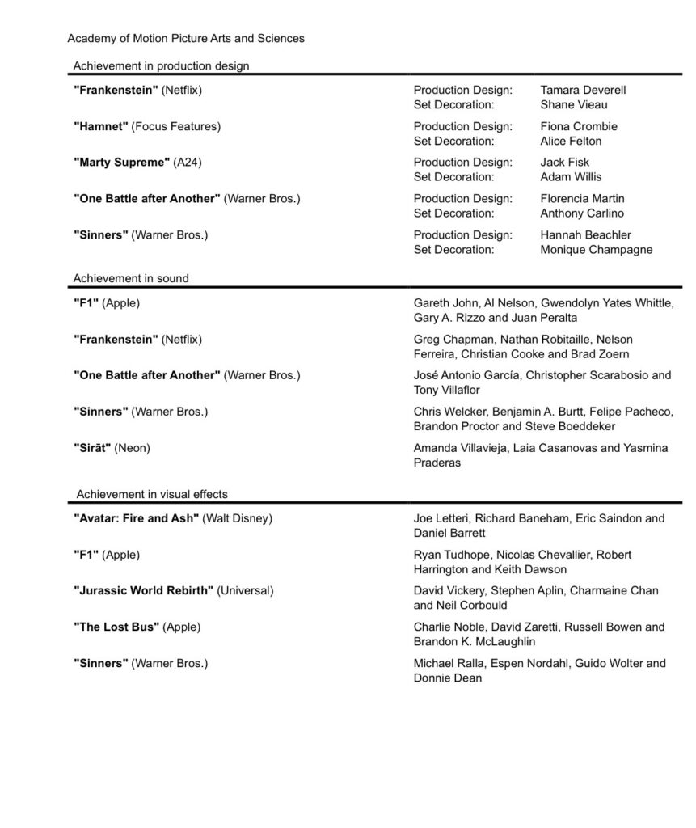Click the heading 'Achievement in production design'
[x=161, y=65]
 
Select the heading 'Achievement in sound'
[x=131, y=278]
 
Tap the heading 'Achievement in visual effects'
[x=152, y=494]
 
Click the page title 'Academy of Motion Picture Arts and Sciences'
[x=186, y=38]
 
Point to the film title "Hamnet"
[x=100, y=126]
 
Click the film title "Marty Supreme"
[x=121, y=163]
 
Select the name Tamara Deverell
[x=583, y=90]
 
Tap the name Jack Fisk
[x=565, y=163]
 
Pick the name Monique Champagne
[x=596, y=250]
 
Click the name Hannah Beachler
[x=585, y=235]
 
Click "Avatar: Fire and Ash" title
[x=136, y=518]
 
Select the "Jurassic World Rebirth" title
[x=143, y=591]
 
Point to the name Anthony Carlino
[x=582, y=213]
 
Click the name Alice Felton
[x=571, y=141]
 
